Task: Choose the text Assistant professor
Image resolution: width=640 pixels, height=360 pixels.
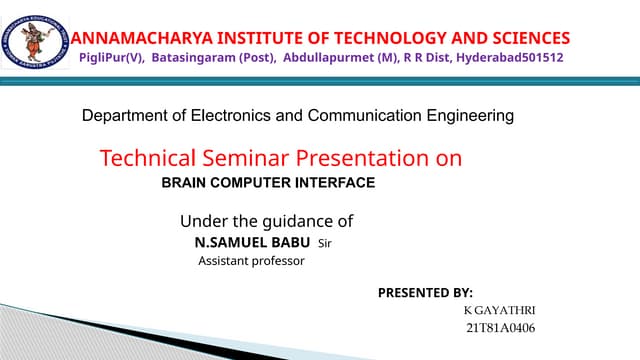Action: pos(250,261)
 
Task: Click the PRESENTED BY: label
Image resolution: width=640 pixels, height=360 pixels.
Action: pos(425,293)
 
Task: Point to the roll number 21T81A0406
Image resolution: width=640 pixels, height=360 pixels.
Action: pos(500,328)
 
